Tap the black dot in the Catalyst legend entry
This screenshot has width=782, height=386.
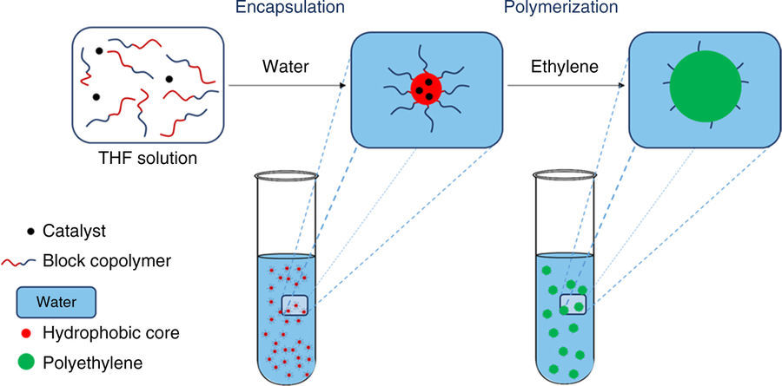pyautogui.click(x=31, y=232)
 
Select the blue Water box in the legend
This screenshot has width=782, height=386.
pyautogui.click(x=55, y=302)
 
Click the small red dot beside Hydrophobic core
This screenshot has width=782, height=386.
pyautogui.click(x=31, y=332)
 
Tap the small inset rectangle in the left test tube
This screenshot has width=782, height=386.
pyautogui.click(x=295, y=304)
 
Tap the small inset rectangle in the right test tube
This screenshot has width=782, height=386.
pyautogui.click(x=573, y=304)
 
